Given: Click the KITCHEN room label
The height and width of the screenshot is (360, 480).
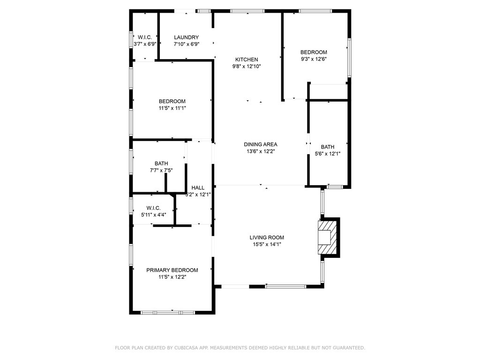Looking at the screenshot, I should tap(247, 60).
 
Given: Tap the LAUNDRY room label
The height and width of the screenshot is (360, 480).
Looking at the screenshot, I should tap(186, 37).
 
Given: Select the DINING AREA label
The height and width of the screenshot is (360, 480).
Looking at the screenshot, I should tap(260, 144).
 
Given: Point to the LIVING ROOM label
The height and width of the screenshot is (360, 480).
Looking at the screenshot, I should tap(267, 238).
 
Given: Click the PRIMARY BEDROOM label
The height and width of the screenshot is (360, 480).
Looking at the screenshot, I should tap(172, 270).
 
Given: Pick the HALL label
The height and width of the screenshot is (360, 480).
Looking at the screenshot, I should tap(198, 187).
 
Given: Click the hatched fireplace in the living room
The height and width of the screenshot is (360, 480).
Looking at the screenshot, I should tap(328, 238).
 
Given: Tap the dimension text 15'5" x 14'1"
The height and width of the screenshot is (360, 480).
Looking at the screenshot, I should tap(267, 244).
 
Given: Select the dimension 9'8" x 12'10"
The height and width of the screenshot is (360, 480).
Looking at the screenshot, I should tap(247, 67).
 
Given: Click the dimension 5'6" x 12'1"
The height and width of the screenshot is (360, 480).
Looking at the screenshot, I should tap(328, 154).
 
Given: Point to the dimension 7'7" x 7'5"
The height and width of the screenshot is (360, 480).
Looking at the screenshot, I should tap(161, 170).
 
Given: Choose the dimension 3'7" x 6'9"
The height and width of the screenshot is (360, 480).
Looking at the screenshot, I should tap(145, 44).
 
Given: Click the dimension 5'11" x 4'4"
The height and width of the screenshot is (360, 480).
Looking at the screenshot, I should tap(153, 215).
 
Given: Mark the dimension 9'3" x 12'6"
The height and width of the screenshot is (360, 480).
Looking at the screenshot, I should tap(314, 59).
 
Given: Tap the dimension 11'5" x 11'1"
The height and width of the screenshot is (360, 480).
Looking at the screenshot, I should tap(172, 108).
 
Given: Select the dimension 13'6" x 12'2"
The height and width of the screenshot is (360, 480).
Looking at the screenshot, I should tap(260, 151).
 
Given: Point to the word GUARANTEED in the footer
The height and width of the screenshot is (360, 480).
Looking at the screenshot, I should tap(346, 348).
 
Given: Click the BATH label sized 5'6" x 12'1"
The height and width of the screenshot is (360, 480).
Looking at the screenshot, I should tap(328, 147).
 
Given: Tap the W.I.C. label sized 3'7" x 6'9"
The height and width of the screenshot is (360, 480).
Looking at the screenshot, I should tap(145, 37).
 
